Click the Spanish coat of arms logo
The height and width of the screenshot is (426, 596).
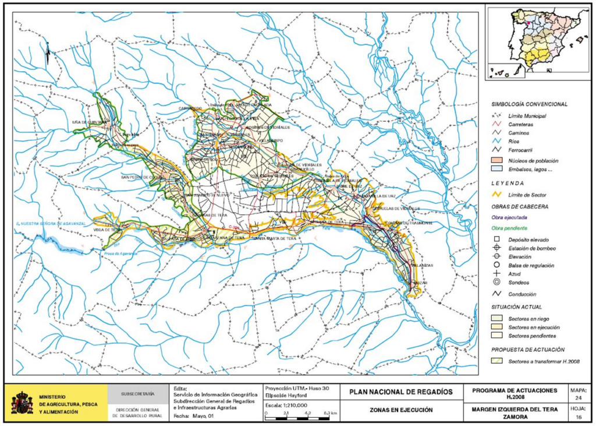[x=22, y=403]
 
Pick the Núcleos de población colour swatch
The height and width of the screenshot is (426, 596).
[x=496, y=160]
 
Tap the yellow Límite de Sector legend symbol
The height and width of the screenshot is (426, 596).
[x=496, y=195]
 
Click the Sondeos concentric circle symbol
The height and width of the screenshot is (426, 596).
[x=496, y=283]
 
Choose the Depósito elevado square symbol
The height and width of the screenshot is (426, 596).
[x=496, y=240]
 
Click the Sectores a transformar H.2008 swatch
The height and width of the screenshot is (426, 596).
[x=496, y=362]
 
